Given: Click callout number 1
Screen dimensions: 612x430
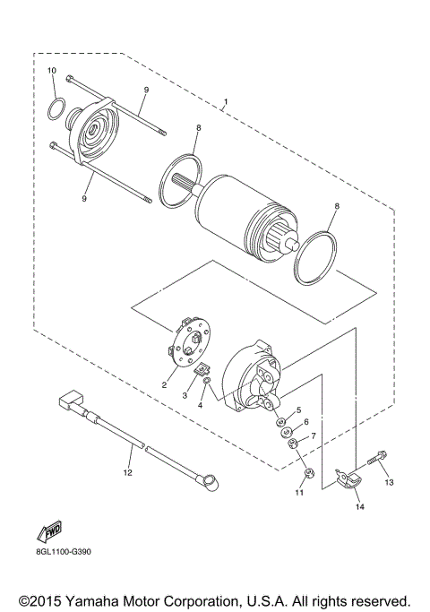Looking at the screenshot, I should pos(225,101).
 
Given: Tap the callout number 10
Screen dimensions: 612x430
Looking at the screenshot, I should pos(52,71).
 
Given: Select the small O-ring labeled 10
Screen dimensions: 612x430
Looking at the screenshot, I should pos(55,110).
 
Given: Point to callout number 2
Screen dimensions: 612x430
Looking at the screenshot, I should pos(164,384).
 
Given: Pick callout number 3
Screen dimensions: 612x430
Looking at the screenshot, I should pos(185,394).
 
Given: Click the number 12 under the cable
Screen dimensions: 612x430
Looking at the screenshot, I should pos(127,471).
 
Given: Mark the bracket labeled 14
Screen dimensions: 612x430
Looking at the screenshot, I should pos(345,484).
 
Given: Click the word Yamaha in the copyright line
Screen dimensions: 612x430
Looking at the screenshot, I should pos(104,599).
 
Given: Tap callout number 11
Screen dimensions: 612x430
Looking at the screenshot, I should pos(300,492).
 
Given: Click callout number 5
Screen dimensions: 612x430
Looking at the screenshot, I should pos(299,409).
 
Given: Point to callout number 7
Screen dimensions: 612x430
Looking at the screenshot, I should pos(313,436).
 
